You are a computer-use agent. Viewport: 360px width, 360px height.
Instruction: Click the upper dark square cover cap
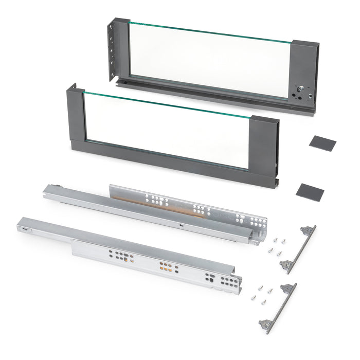pos(322,143)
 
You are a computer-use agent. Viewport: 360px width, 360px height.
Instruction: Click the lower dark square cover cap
pos(310,192)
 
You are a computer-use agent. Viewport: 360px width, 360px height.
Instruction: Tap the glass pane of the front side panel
pos(167,129)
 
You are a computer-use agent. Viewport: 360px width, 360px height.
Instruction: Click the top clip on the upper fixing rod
pos(308,230)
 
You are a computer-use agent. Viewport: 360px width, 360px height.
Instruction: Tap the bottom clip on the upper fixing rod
pos(286,266)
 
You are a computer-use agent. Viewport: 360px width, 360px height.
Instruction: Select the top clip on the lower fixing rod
pos(289,287)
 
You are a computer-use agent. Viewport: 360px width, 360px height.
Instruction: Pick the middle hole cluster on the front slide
pos(165,267)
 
